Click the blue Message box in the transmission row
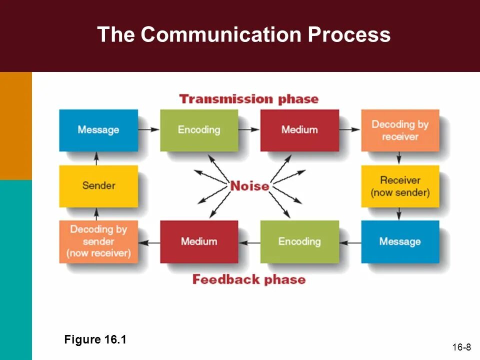pos(98,130)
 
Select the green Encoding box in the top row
pos(199,130)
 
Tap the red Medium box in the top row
pos(299,130)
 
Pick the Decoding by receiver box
pos(400,130)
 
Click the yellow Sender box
pos(98,186)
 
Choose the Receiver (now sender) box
pos(400,186)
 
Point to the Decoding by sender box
pos(98,241)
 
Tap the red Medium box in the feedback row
pos(199,241)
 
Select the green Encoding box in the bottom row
pos(299,241)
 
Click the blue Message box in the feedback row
pos(400,241)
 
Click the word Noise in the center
pos(249,186)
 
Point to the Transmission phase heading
pos(248,99)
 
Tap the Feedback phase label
pos(248,279)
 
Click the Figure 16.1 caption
pos(95,340)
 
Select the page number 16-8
pos(461,347)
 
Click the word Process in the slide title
pos(348,35)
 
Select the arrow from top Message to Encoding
pos(149,129)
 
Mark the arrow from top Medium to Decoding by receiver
pos(350,129)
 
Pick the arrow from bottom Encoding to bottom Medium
pos(249,242)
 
